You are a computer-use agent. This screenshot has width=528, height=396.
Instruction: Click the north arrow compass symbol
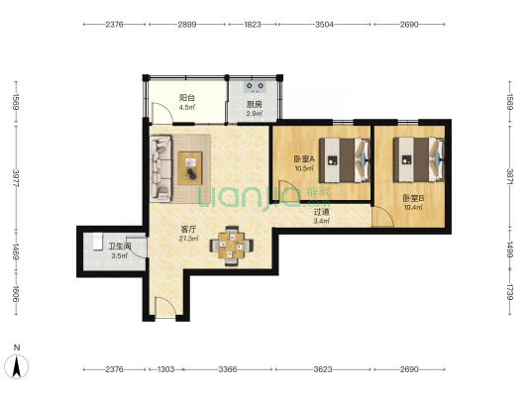click(x=16, y=366)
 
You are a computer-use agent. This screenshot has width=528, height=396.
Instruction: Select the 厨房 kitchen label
click(x=255, y=104)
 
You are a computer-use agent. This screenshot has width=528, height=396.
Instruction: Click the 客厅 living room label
click(x=188, y=230)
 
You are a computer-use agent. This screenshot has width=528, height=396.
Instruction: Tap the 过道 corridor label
click(x=322, y=212)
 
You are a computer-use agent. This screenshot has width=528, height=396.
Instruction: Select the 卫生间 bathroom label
click(x=120, y=247)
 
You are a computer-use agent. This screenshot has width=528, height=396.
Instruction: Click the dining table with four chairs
click(x=232, y=246)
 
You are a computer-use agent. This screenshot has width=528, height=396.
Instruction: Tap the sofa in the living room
click(x=160, y=168)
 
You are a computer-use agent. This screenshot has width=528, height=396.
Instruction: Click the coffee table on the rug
click(x=190, y=168)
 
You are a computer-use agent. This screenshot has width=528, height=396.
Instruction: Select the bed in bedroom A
click(x=345, y=160)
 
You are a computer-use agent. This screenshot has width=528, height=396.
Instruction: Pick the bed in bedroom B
click(x=419, y=160)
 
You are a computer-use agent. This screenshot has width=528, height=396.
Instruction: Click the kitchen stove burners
click(x=255, y=86)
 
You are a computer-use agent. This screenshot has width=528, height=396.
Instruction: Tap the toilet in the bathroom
click(x=97, y=242)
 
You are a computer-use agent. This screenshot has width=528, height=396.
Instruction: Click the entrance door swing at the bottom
click(x=165, y=307)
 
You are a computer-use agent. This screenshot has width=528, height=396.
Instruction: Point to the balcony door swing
click(x=162, y=113)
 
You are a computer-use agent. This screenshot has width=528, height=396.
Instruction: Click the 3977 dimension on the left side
click(x=16, y=178)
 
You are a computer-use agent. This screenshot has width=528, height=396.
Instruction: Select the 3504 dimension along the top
click(x=325, y=24)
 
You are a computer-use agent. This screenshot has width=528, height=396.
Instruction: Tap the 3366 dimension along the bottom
click(x=228, y=369)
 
